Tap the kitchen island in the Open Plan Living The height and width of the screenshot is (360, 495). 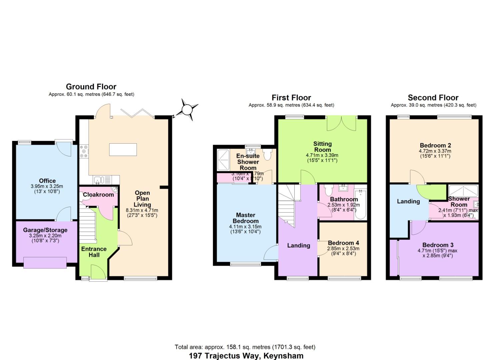pos(123,149)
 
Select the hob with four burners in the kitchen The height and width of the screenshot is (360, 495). pos(83,151)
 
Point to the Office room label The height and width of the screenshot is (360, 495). pos(47,181)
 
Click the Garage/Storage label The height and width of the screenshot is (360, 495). pos(45,230)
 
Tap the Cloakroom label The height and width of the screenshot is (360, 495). pos(98,195)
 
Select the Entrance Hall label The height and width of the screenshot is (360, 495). pos(94,252)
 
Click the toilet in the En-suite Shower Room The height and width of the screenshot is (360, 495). pos(267,154)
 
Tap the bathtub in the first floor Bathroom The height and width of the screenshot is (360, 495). pos(360,204)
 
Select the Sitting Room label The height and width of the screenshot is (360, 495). pos(322,147)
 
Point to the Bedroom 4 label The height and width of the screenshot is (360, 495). pos(343,243)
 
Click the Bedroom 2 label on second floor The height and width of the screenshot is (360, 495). pos(435,145)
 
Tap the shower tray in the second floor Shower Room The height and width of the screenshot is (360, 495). pos(463,190)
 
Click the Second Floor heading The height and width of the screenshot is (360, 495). pos(433,98)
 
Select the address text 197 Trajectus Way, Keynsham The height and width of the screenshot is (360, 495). pos(246,356)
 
